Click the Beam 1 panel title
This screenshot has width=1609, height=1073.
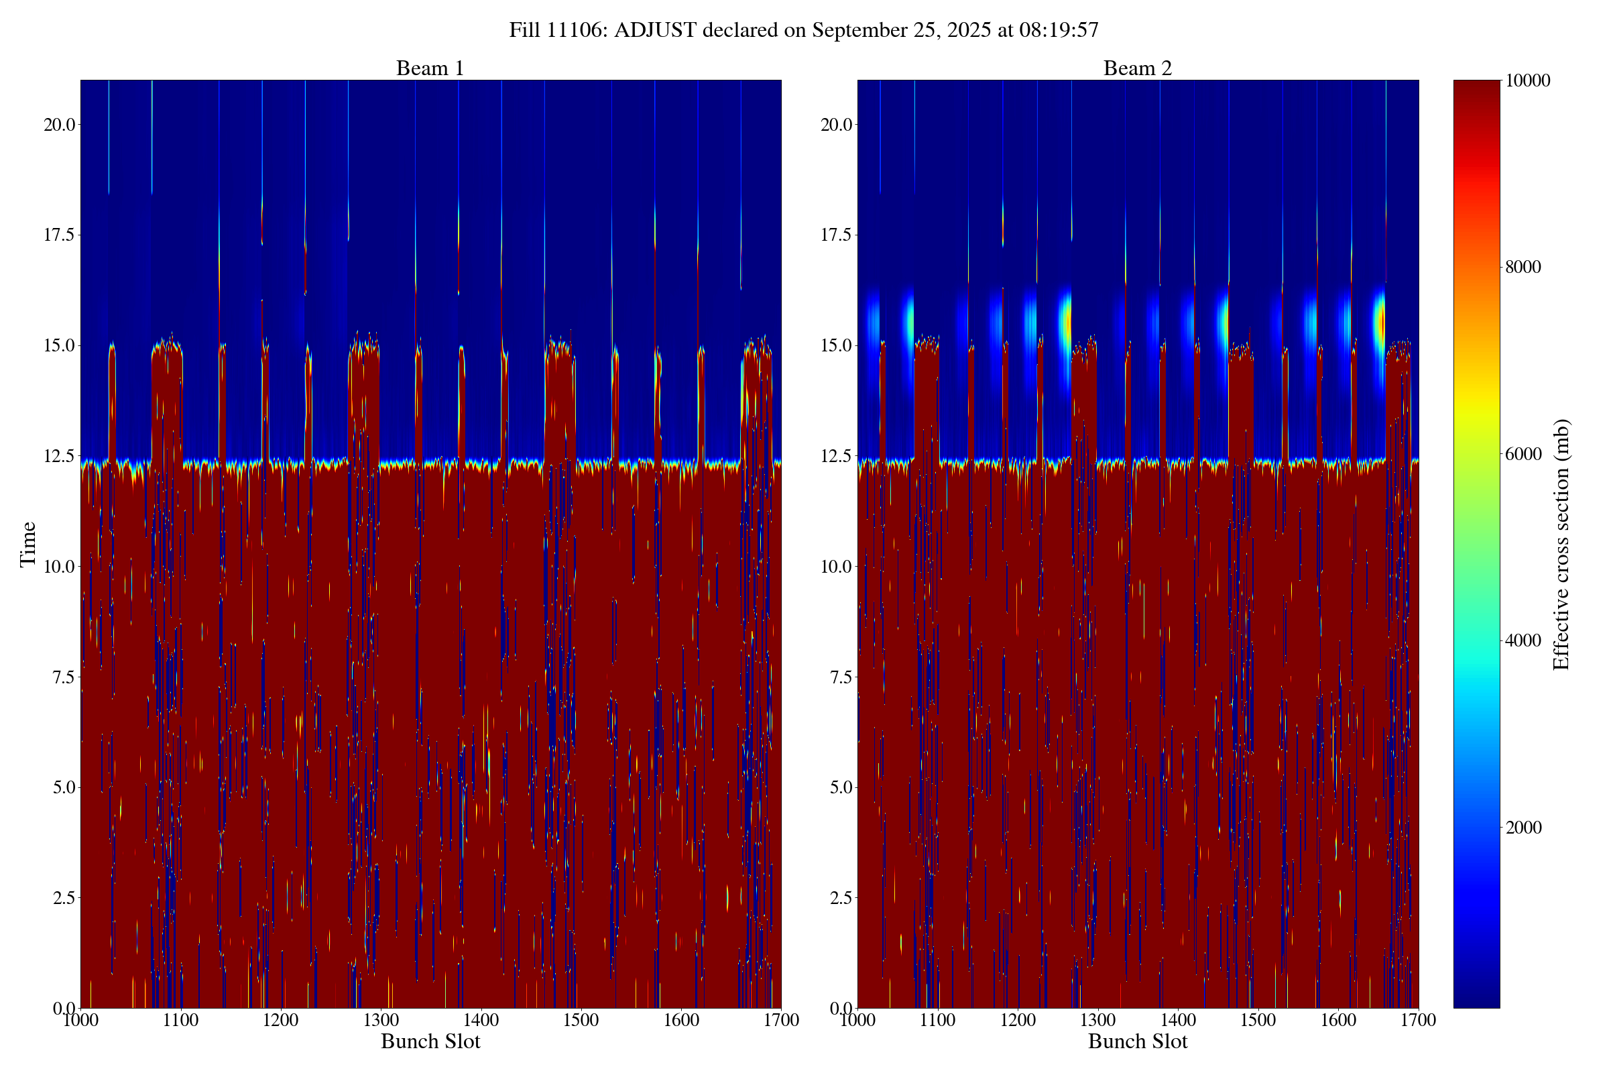(430, 68)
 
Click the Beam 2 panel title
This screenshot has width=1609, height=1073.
(1137, 68)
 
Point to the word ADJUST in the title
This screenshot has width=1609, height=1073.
(656, 30)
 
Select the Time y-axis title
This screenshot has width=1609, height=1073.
(28, 544)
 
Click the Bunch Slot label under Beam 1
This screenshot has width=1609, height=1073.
(430, 1041)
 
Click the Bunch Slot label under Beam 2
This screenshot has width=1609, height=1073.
(1138, 1041)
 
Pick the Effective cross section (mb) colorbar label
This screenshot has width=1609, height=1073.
(1561, 544)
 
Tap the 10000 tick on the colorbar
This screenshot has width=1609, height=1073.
(1528, 80)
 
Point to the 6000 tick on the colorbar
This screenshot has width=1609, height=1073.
(1523, 454)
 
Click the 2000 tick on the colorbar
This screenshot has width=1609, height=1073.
(1523, 828)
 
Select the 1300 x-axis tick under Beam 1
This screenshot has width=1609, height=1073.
(381, 1020)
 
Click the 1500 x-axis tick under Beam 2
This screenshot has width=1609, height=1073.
(1258, 1020)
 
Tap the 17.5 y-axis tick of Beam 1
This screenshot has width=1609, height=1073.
(58, 235)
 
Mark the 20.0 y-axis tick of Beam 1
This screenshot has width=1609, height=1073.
(58, 125)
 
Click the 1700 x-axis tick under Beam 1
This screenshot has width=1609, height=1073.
(781, 1020)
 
